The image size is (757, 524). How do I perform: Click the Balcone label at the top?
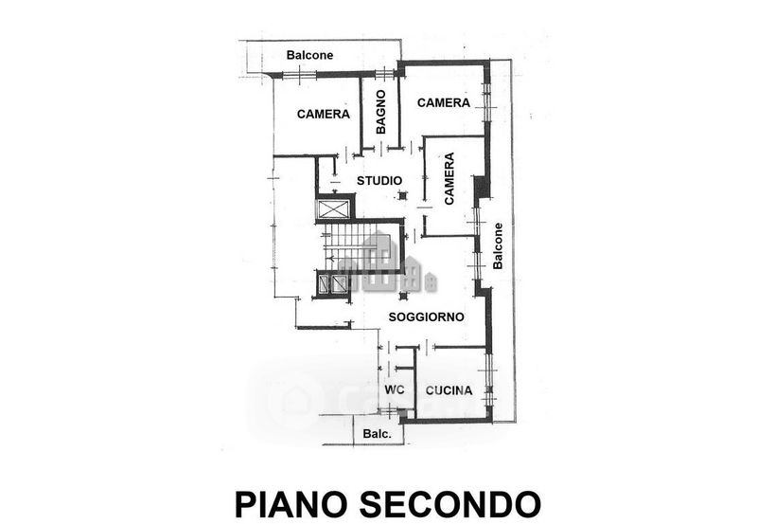pos(309,55)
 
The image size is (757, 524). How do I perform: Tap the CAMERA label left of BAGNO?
pos(323,114)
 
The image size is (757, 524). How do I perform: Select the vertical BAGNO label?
pos(381,112)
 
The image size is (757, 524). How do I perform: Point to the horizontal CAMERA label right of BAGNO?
pos(443,102)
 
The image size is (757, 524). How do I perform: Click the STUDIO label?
pos(379,181)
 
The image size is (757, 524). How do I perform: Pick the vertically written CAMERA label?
pos(449,178)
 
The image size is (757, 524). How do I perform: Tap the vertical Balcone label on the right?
pos(498,246)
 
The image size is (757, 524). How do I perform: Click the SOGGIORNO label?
pos(427,317)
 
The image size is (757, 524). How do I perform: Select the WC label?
pos(394,389)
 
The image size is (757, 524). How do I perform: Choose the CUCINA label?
pos(449,390)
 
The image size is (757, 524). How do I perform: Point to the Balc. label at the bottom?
pos(377,434)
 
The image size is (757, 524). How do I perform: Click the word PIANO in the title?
pos(291,504)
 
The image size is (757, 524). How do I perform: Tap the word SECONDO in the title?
pos(450,504)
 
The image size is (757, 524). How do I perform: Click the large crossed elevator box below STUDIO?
pos(334,209)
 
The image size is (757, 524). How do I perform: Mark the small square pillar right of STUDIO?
pos(402,196)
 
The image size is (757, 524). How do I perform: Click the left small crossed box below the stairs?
pos(324,283)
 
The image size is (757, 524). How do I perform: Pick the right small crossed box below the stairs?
pos(340,283)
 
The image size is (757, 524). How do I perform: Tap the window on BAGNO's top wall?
pos(385,74)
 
